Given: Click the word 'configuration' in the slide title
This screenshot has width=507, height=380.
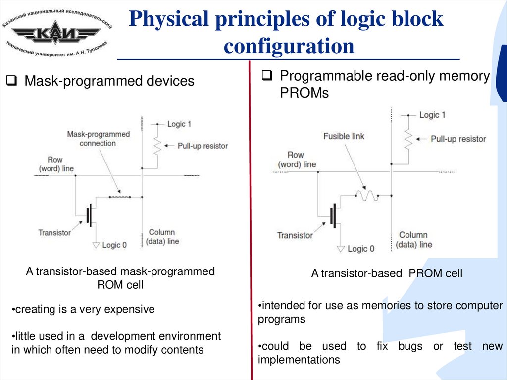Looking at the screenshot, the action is tap(289, 46).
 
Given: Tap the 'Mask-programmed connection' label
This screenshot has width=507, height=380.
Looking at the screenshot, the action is tap(99, 139).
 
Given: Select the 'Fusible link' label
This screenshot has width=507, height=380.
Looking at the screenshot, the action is tap(343, 136).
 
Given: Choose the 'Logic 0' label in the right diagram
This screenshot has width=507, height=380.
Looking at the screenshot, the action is tap(361, 248).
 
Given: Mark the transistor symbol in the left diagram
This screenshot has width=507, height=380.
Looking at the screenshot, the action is tap(89, 215).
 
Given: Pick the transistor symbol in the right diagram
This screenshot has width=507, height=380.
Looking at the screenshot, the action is tap(333, 218).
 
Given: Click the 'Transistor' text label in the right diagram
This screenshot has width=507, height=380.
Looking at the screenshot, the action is tap(295, 235).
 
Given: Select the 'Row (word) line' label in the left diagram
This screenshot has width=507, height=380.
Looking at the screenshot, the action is tap(56, 164).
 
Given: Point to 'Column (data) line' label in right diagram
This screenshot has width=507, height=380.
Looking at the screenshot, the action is tap(415, 240).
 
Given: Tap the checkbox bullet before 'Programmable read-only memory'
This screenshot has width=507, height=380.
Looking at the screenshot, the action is tap(267, 76).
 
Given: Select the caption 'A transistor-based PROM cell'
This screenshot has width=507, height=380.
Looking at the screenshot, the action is tap(387, 273).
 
